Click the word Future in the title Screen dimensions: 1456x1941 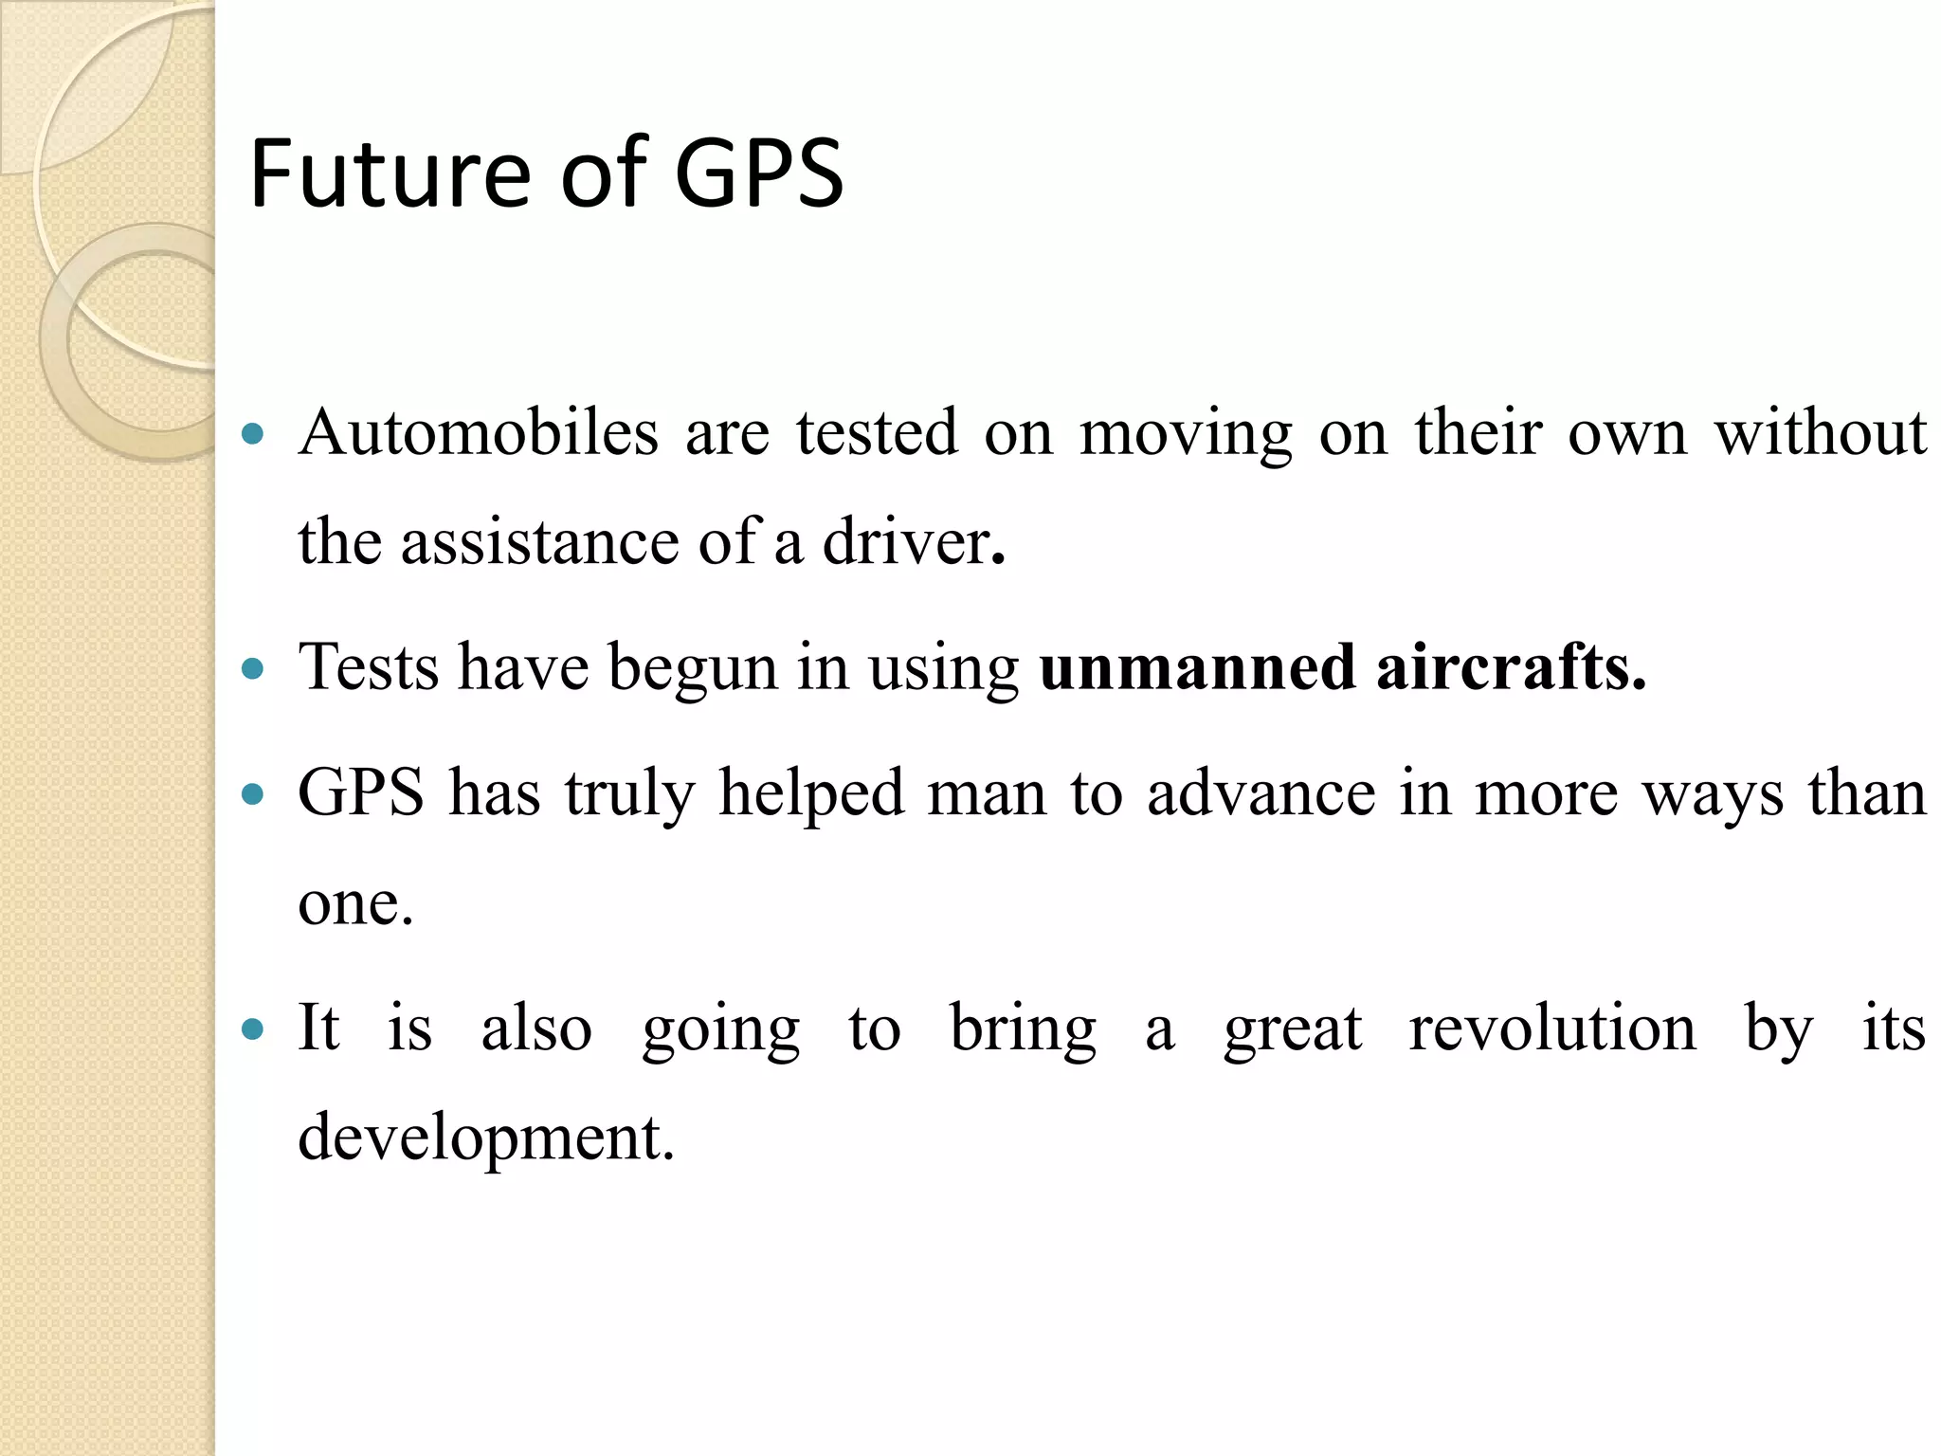click(x=390, y=174)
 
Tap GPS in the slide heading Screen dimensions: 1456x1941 click(x=757, y=174)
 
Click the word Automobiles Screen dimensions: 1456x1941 click(x=479, y=433)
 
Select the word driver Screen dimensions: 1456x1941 click(x=906, y=543)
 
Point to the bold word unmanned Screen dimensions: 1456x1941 click(x=1197, y=667)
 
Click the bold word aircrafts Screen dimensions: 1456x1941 click(x=1510, y=667)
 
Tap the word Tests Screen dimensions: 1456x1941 click(x=369, y=667)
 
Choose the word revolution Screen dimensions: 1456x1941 click(x=1551, y=1028)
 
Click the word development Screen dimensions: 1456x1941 click(x=484, y=1137)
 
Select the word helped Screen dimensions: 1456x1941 click(x=810, y=793)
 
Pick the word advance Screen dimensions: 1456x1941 click(x=1261, y=793)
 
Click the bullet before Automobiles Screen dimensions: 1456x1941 click(x=252, y=435)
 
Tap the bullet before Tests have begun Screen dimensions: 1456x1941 click(x=252, y=669)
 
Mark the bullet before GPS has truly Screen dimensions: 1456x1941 click(x=252, y=794)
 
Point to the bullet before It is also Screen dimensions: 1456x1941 click(x=252, y=1029)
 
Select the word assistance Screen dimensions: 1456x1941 click(x=539, y=543)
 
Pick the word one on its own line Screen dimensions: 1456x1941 click(x=354, y=903)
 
